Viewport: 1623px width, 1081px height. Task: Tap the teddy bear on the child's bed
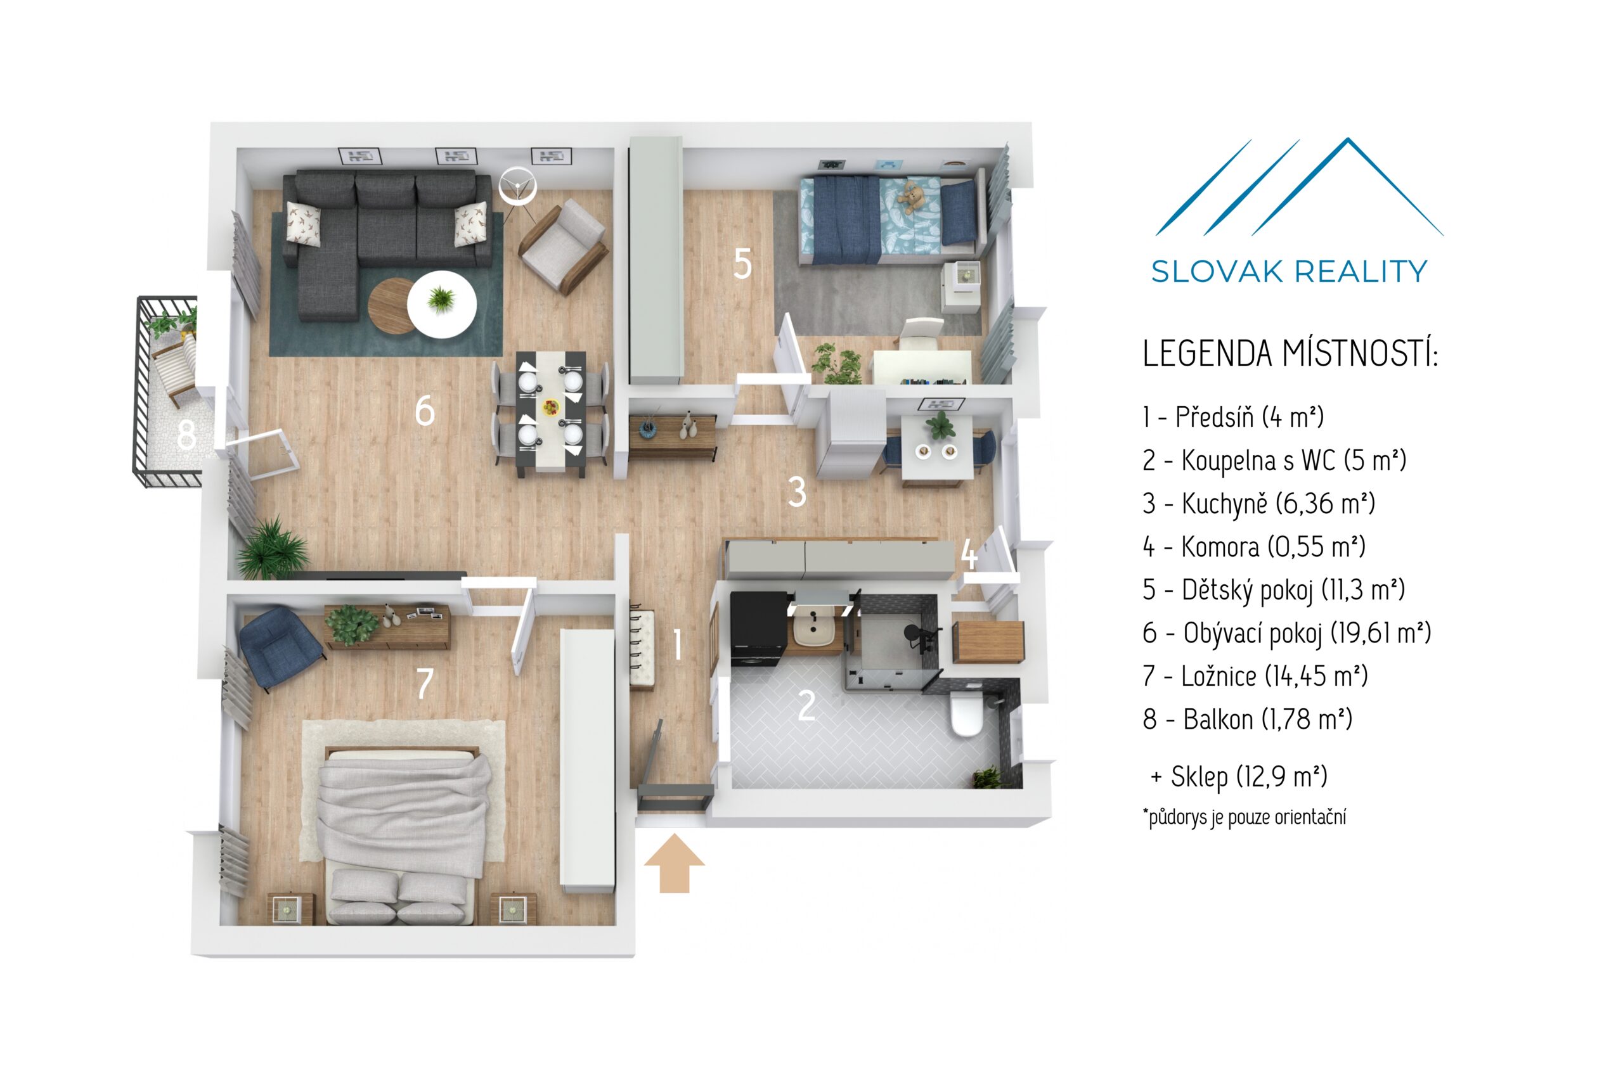(912, 198)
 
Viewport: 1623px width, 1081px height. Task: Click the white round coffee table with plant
(441, 304)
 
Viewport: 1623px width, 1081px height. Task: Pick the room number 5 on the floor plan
(742, 264)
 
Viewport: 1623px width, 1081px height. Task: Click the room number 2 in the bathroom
(806, 706)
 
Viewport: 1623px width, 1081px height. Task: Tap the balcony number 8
(186, 435)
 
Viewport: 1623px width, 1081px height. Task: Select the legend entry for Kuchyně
(1258, 504)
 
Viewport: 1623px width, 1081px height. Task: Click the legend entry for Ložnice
(1255, 676)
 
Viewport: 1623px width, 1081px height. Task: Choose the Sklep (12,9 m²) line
(1239, 777)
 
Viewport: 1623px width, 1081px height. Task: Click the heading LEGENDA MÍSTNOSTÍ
(1290, 354)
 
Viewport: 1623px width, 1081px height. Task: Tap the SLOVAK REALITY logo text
(1288, 272)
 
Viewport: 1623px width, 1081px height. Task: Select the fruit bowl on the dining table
(550, 407)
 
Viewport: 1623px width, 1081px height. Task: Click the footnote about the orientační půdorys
(1245, 817)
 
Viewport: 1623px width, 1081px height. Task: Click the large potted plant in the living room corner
(272, 549)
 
